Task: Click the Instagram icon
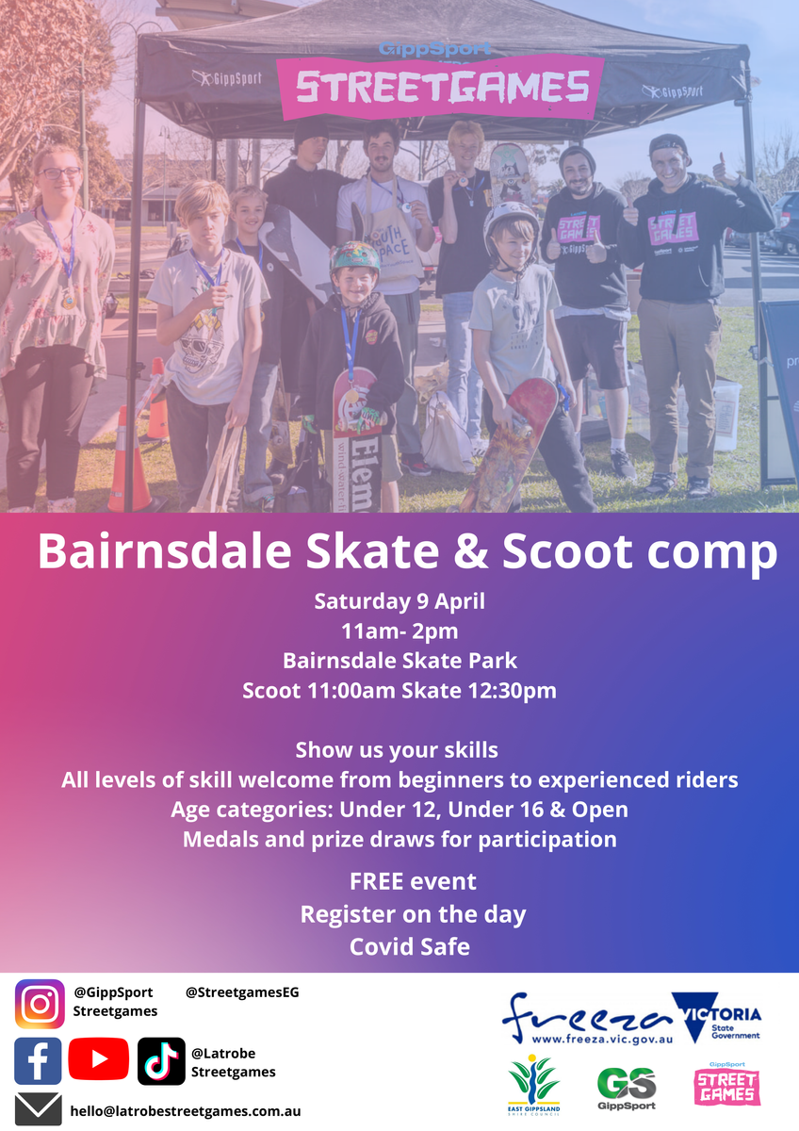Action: click(x=40, y=1004)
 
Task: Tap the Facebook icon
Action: click(x=38, y=1061)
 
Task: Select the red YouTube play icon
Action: click(x=98, y=1058)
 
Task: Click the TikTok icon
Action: click(x=161, y=1061)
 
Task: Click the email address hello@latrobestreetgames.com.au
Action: click(x=186, y=1111)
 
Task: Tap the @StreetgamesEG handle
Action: click(x=242, y=992)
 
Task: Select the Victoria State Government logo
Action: click(x=717, y=1017)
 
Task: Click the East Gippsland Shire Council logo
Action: click(x=533, y=1085)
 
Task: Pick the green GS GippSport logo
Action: click(x=627, y=1089)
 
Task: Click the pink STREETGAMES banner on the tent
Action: click(x=441, y=87)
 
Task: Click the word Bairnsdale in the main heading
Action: click(x=165, y=551)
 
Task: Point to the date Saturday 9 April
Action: click(x=399, y=601)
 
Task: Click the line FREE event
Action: click(x=413, y=881)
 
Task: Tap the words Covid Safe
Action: click(x=409, y=946)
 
